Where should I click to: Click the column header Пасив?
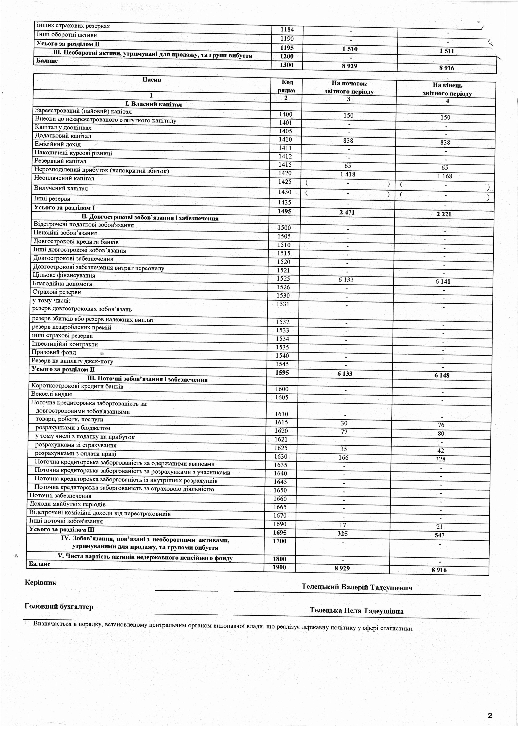pyautogui.click(x=152, y=80)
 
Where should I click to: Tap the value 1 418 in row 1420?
pyautogui.click(x=348, y=174)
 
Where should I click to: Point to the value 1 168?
pyautogui.click(x=445, y=176)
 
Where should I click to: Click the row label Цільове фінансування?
pyautogui.click(x=64, y=275)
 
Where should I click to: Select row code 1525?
pyautogui.click(x=283, y=279)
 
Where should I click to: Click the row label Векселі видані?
pyautogui.click(x=52, y=394)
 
